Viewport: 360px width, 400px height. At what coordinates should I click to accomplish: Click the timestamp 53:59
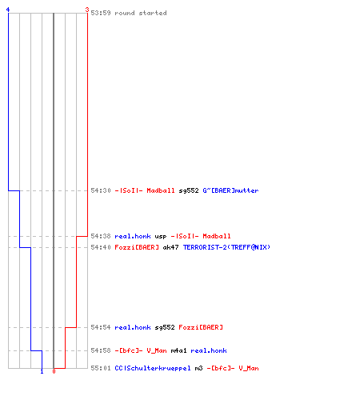[101, 13]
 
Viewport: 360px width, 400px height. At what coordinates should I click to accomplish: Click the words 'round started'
[141, 13]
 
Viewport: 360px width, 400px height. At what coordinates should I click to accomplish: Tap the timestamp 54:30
[101, 190]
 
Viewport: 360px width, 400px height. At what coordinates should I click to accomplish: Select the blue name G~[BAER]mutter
[230, 190]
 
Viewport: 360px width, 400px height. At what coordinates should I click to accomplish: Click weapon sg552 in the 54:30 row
[189, 190]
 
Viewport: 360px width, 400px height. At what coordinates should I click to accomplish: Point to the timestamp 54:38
[101, 236]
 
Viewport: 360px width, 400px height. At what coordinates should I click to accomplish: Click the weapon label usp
[161, 237]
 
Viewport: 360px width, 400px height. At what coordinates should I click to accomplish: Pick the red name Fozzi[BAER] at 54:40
[137, 247]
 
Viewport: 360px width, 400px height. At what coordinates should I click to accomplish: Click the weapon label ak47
[170, 247]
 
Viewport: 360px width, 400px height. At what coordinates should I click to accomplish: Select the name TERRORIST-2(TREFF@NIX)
[226, 247]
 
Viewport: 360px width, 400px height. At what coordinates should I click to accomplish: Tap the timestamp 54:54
[101, 327]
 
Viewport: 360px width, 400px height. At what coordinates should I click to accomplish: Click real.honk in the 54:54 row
[133, 327]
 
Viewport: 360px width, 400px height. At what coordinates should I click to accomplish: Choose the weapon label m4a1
[178, 350]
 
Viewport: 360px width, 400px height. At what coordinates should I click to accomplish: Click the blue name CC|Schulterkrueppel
[153, 368]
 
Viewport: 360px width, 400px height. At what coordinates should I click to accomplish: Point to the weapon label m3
[198, 368]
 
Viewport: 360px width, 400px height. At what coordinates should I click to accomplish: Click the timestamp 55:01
[101, 368]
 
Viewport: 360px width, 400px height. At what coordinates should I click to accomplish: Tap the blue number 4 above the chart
[8, 10]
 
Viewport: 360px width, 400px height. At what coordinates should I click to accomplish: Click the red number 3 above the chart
[87, 10]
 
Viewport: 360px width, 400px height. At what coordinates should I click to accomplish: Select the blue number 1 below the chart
[42, 371]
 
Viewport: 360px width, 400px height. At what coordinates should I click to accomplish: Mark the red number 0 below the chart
[54, 371]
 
